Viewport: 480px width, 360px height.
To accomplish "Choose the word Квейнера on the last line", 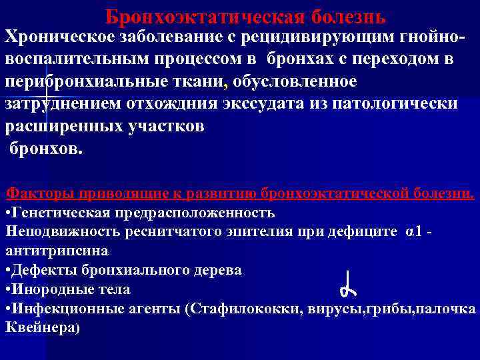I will pyautogui.click(x=41, y=328).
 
